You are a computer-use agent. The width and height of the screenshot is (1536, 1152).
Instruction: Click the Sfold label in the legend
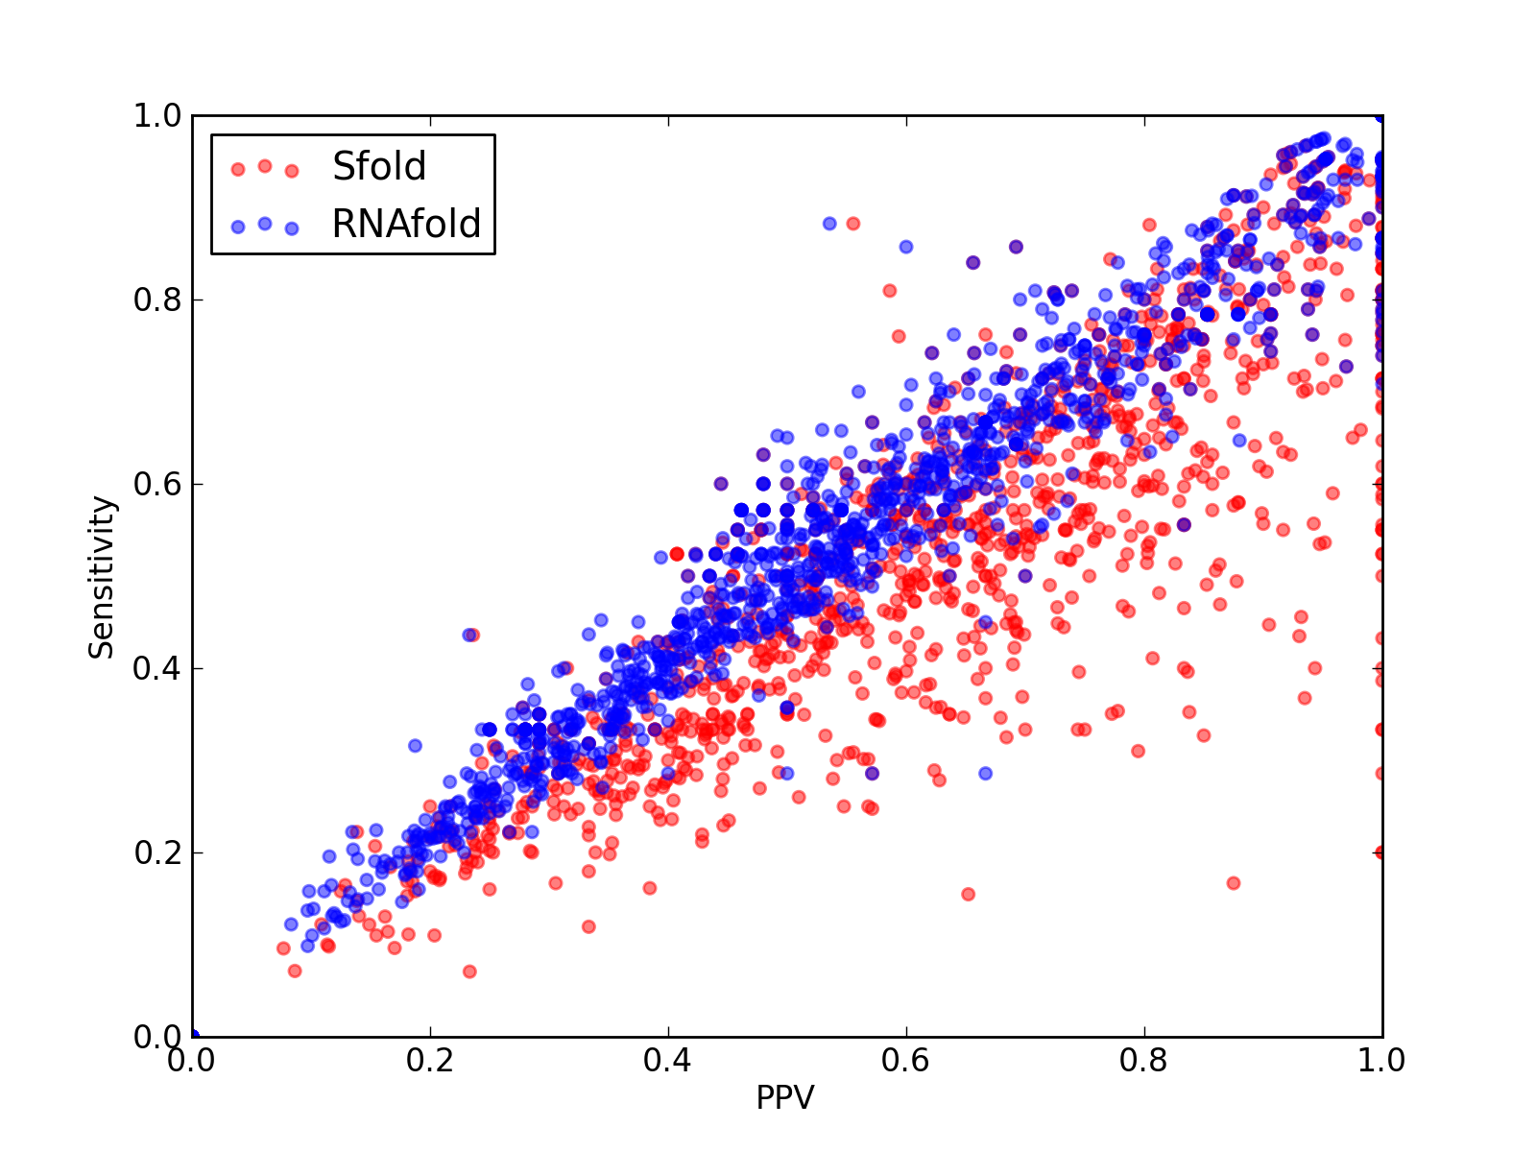click(378, 166)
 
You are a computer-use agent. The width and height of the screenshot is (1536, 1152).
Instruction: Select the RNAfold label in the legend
click(406, 224)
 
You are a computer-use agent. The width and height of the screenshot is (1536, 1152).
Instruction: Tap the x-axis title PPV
click(785, 1097)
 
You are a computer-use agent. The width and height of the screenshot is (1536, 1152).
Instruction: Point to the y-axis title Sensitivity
click(102, 578)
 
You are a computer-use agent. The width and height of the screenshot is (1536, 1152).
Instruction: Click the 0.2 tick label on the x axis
click(430, 1061)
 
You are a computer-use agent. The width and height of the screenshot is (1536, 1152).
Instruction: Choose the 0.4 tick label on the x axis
click(667, 1061)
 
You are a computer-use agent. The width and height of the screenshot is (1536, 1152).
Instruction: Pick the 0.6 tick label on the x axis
click(905, 1061)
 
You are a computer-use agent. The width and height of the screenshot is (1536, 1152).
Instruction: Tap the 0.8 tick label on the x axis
click(1143, 1061)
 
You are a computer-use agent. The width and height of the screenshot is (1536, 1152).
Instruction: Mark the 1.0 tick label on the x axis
click(1381, 1061)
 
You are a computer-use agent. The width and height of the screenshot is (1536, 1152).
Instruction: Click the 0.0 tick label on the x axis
click(192, 1061)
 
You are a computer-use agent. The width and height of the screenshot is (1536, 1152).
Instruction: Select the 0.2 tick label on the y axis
click(157, 852)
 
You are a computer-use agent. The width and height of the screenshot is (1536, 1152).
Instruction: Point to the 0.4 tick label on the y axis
click(157, 669)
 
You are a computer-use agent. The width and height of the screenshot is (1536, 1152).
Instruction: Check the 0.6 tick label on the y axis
click(157, 484)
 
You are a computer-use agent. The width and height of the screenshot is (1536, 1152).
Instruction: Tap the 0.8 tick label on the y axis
click(157, 300)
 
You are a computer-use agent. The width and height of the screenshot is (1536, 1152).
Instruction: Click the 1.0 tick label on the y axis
click(157, 115)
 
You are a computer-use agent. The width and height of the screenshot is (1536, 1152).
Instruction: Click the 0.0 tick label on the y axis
click(157, 1037)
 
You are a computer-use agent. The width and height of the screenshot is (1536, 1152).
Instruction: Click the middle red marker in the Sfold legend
click(265, 166)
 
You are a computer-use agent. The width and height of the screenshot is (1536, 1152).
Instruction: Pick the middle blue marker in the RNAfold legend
click(265, 224)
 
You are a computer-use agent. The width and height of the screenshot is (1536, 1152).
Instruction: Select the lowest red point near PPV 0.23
click(469, 972)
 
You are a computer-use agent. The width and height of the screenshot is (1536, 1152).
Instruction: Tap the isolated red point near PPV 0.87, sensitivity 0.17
click(1234, 883)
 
